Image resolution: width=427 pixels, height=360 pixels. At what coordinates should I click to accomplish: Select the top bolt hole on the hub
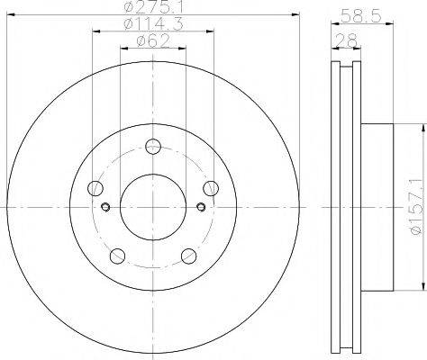(152, 145)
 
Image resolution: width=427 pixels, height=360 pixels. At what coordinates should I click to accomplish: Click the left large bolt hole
(94, 188)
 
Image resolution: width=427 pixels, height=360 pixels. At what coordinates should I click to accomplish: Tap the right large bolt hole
(211, 188)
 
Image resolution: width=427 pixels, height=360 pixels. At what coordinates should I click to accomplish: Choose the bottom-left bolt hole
(116, 256)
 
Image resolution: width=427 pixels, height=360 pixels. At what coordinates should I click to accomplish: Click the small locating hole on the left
(105, 209)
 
